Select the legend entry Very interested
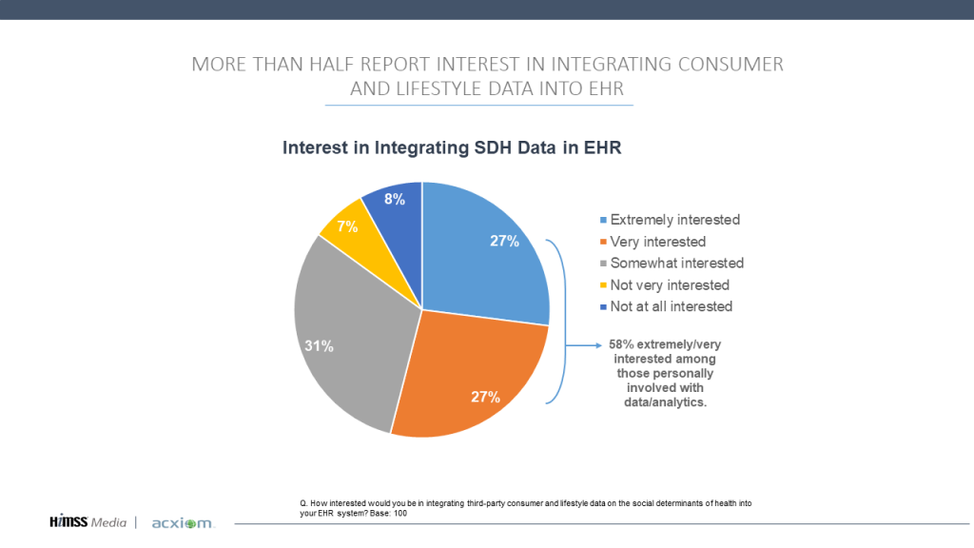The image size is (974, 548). coord(657,242)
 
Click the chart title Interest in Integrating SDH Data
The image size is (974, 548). coord(452,148)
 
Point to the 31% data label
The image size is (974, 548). coord(320,346)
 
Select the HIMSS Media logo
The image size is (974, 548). coord(88,522)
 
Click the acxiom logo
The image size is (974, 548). coord(183,523)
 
